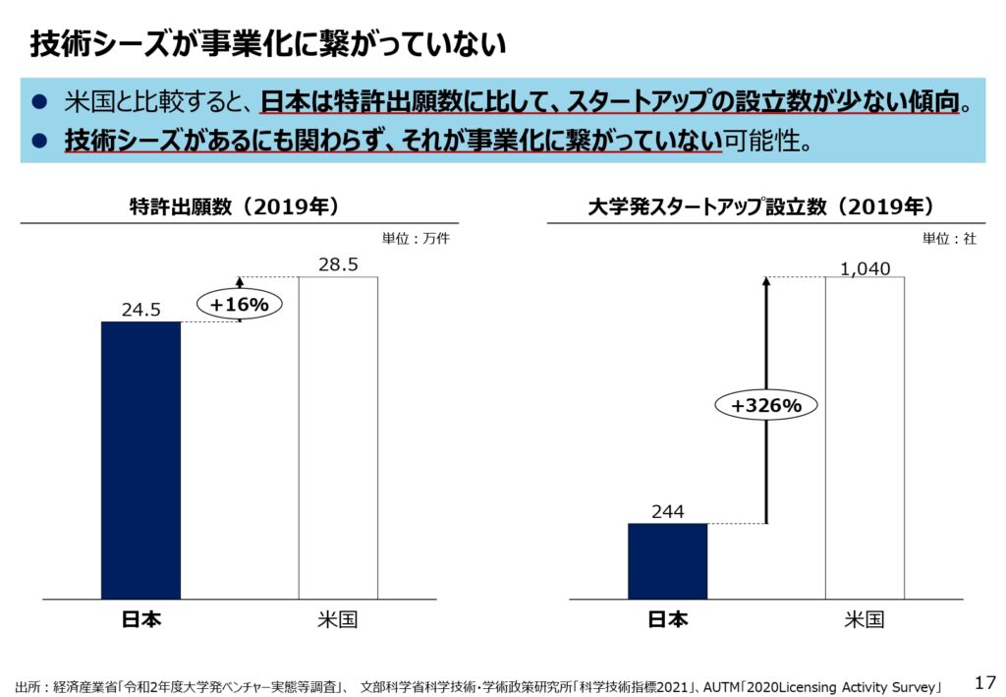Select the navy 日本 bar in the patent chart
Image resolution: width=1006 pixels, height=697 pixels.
(140, 459)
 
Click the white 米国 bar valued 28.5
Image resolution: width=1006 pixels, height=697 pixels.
(337, 437)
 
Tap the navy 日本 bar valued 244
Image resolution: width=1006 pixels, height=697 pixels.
(667, 560)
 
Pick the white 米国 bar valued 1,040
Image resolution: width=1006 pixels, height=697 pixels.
(865, 437)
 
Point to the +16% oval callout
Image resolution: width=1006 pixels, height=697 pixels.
(239, 305)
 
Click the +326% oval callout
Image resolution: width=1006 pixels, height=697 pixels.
(766, 404)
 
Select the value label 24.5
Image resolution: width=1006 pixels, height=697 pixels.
(140, 310)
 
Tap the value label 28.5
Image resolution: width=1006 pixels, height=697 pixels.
(337, 265)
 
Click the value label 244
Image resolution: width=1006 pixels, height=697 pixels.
(667, 511)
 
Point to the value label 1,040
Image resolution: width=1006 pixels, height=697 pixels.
(865, 266)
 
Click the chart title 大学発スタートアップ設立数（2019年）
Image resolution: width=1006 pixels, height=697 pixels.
(760, 206)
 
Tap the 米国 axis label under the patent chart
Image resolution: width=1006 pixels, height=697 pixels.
(337, 619)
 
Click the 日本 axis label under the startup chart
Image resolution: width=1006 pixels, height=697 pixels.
(667, 619)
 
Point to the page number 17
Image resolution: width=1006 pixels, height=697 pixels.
(984, 681)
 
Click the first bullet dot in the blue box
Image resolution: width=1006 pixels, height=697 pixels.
(40, 102)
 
